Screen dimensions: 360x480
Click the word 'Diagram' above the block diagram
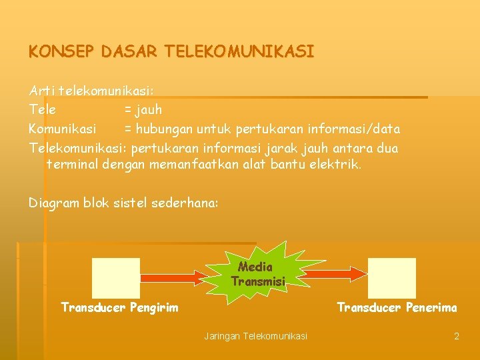53,203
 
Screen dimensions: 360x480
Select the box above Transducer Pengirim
115,277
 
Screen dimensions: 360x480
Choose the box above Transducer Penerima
391,277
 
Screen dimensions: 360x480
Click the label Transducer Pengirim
120,307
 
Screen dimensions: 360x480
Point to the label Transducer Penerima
397,307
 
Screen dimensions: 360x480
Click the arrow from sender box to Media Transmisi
183,273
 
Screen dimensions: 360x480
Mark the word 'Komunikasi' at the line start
63,128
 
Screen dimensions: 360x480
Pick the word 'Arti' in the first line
41,89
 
